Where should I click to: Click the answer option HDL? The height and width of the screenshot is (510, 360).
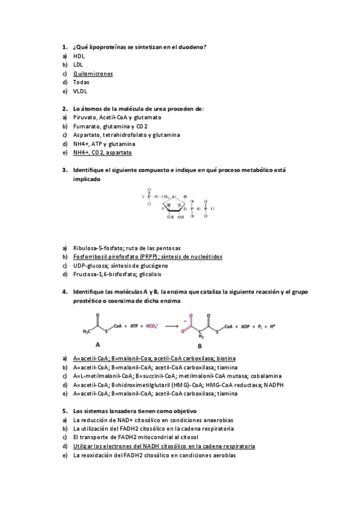79,55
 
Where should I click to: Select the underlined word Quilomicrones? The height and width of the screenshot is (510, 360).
93,73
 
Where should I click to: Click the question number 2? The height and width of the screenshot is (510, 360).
64,109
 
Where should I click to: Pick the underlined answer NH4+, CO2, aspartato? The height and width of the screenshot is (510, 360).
102,153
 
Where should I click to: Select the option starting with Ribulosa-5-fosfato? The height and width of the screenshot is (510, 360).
127,247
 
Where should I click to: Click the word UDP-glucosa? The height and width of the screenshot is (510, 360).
90,265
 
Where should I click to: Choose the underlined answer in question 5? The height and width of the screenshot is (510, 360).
163,446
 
